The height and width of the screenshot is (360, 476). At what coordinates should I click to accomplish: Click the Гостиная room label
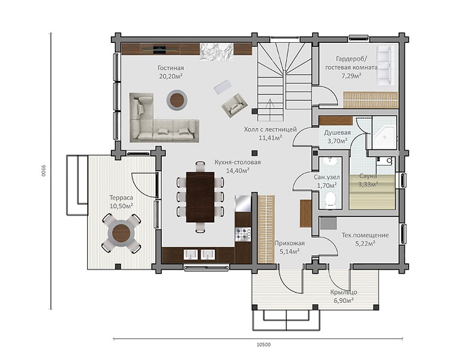[x=171, y=68]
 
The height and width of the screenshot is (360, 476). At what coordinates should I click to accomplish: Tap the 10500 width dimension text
[x=264, y=344]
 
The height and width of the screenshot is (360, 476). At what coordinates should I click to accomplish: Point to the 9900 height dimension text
[x=43, y=171]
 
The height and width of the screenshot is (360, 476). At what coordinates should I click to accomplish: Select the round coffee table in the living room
[x=177, y=100]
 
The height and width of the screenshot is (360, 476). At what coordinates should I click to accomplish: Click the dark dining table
[x=200, y=197]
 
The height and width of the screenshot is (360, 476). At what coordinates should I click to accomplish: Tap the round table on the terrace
[x=121, y=233]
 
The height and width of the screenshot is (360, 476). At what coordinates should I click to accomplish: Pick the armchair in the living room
[x=235, y=105]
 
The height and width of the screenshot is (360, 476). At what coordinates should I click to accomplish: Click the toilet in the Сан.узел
[x=330, y=201]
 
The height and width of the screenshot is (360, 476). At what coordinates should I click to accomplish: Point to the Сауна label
[x=368, y=176]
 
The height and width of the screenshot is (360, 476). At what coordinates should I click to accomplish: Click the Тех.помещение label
[x=365, y=235]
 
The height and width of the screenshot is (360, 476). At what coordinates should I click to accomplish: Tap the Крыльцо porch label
[x=343, y=292]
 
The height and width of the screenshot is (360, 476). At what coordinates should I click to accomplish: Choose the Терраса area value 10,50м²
[x=121, y=206]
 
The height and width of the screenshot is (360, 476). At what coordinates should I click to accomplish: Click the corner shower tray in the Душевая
[x=384, y=137]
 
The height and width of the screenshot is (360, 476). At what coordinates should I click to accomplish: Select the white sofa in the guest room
[x=386, y=65]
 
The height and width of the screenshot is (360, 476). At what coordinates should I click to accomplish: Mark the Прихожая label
[x=290, y=244]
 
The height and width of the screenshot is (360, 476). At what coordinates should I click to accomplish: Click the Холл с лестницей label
[x=270, y=130]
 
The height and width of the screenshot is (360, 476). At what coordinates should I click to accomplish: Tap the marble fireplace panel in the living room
[x=216, y=52]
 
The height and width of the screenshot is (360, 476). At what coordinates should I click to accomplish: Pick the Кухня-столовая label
[x=237, y=163]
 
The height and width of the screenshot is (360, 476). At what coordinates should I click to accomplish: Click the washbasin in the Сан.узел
[x=330, y=161]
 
